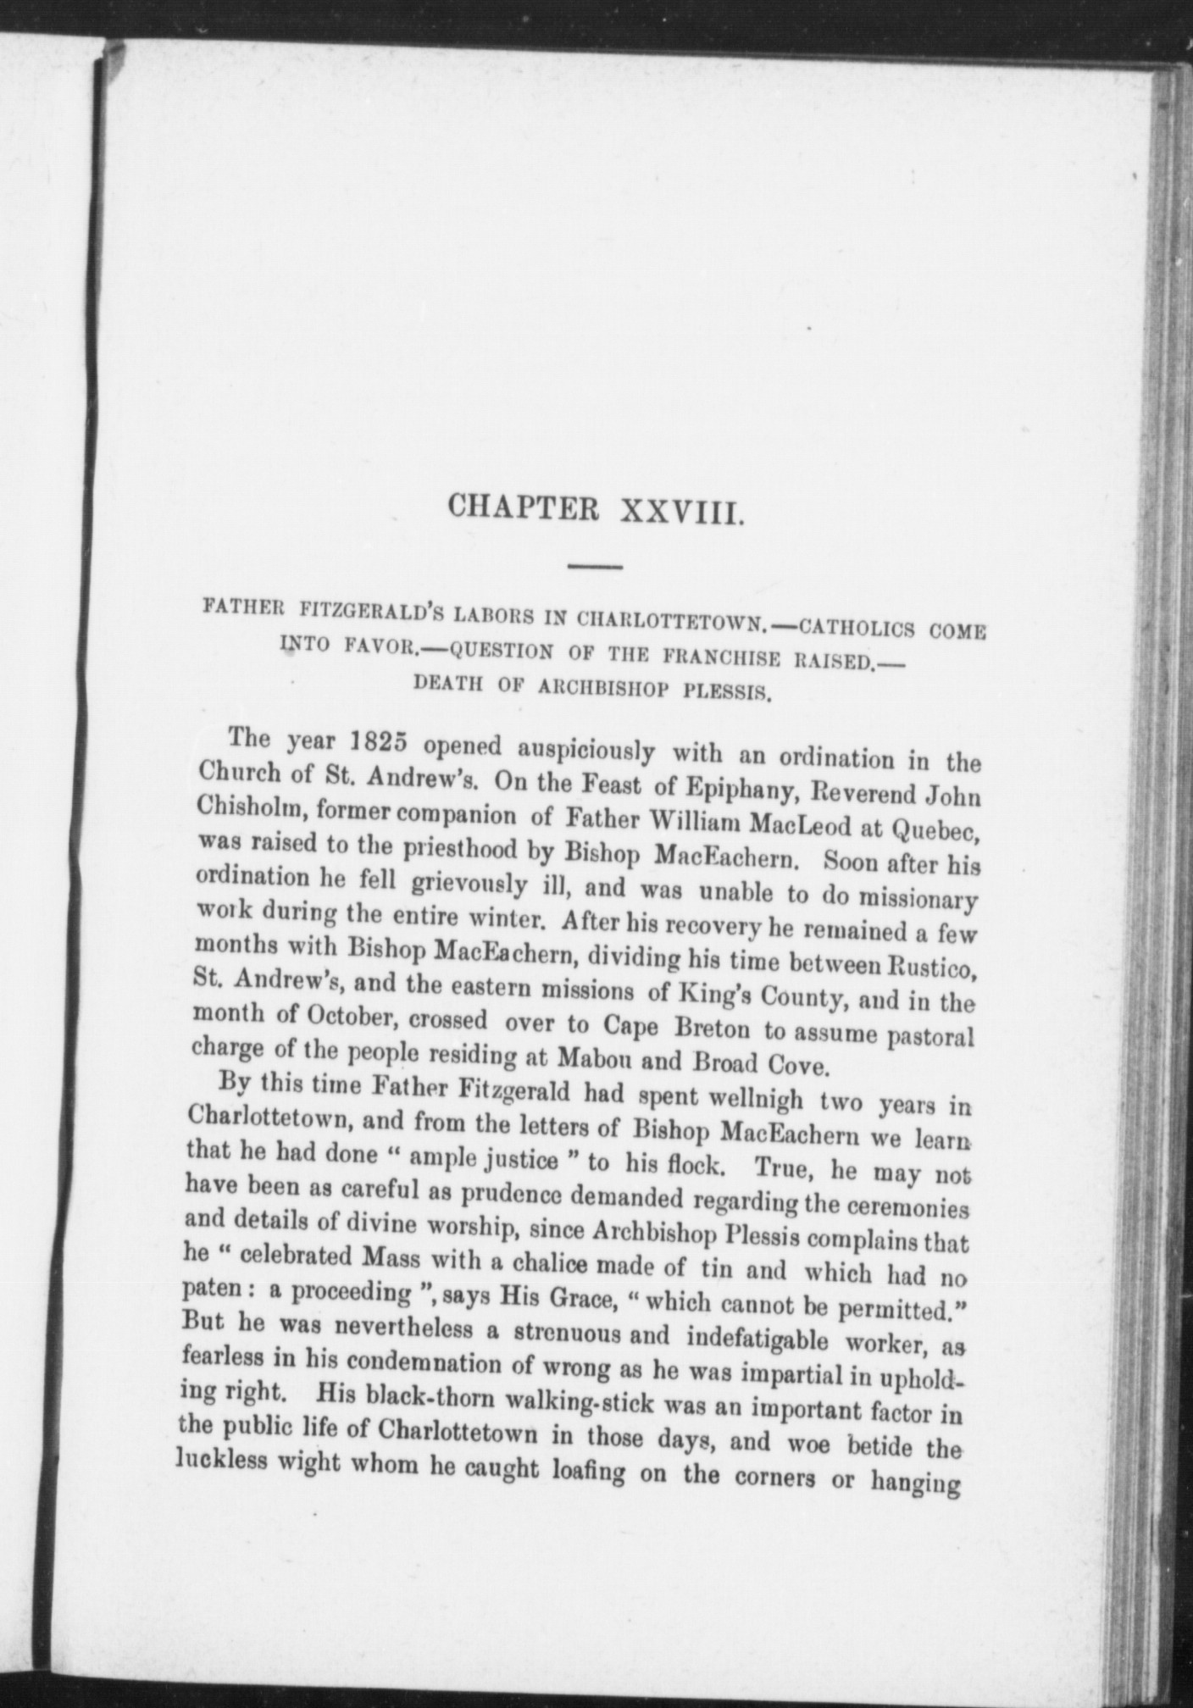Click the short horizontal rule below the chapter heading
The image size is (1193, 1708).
(x=596, y=566)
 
